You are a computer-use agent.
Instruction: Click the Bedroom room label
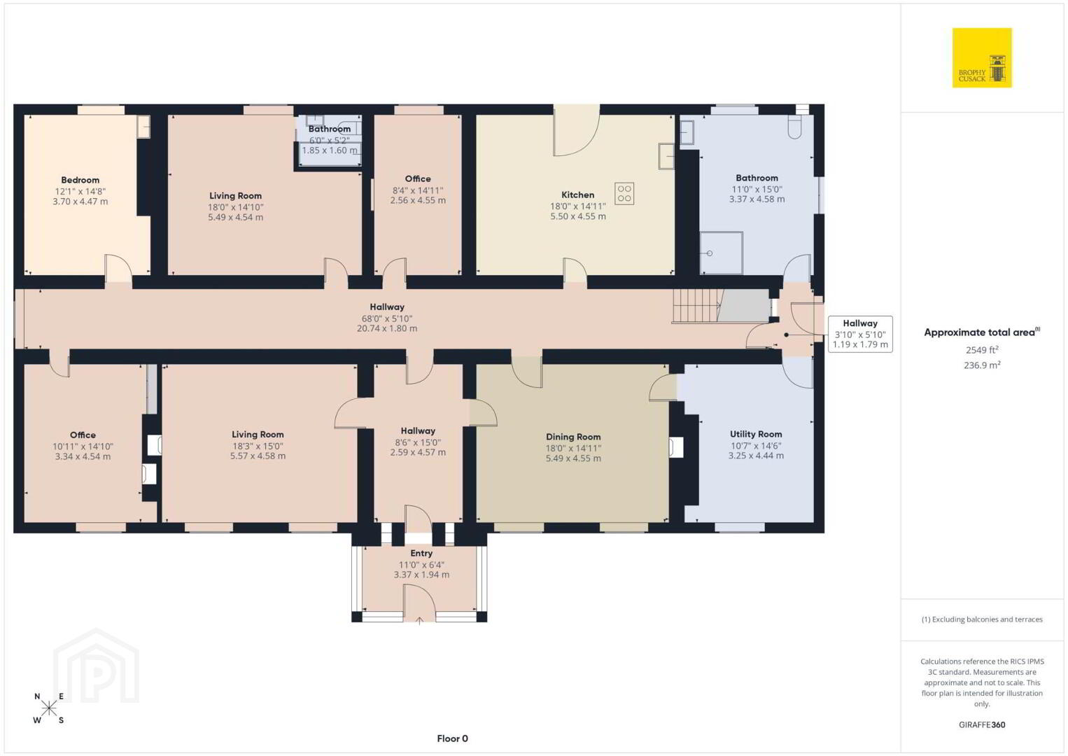(x=80, y=180)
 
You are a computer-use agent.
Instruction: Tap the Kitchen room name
(x=578, y=195)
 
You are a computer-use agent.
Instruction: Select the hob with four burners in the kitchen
(x=624, y=194)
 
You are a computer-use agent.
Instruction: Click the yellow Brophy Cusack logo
(x=982, y=57)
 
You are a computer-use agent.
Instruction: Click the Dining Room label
(x=573, y=437)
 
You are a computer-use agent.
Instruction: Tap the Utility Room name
(x=756, y=434)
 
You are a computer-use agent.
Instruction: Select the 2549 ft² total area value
(x=982, y=349)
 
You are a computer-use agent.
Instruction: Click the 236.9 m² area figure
(x=982, y=365)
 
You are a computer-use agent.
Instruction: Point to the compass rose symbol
(x=49, y=708)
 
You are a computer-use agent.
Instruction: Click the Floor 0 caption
(x=453, y=738)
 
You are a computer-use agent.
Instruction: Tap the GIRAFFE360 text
(x=982, y=724)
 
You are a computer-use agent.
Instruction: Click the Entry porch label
(x=421, y=553)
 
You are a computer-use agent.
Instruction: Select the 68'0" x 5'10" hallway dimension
(x=387, y=318)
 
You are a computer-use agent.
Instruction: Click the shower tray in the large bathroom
(x=722, y=253)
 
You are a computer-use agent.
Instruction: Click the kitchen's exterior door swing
(x=577, y=135)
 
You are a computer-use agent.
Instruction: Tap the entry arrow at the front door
(x=420, y=620)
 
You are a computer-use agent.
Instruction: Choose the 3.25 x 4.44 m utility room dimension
(x=756, y=456)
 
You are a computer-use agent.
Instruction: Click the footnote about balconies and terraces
(x=982, y=619)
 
